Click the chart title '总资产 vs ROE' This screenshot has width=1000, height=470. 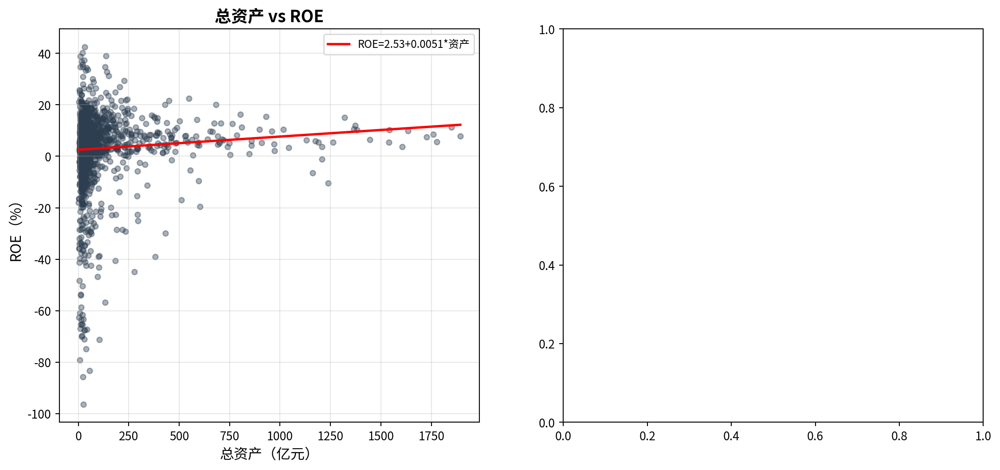point(269,16)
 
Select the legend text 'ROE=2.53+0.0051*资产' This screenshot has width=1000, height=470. point(413,44)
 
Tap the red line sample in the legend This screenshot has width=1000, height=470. point(338,44)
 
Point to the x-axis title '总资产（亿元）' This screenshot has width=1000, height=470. point(266,454)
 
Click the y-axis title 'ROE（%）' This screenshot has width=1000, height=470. point(16,232)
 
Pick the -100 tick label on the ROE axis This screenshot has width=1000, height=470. point(39,414)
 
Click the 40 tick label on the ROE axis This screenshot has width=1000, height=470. point(44,54)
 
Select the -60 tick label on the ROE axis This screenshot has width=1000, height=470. point(43,311)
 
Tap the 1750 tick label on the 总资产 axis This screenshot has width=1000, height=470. point(431,436)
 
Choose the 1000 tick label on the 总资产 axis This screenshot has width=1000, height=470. point(280,436)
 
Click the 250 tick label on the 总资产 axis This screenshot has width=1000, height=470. point(129,436)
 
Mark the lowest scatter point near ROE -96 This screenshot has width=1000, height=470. point(83,404)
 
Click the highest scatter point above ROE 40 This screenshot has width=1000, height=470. point(85,47)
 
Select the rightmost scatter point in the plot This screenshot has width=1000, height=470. point(460,136)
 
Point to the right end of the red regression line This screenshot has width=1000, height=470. point(461,125)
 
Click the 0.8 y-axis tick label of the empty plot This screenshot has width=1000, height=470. point(546,108)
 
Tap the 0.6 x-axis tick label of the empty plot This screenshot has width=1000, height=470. point(815,436)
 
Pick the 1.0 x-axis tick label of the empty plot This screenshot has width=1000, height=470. point(983,436)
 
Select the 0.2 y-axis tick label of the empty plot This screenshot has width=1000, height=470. point(546,344)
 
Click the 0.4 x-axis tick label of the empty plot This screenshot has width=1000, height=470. point(731,436)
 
